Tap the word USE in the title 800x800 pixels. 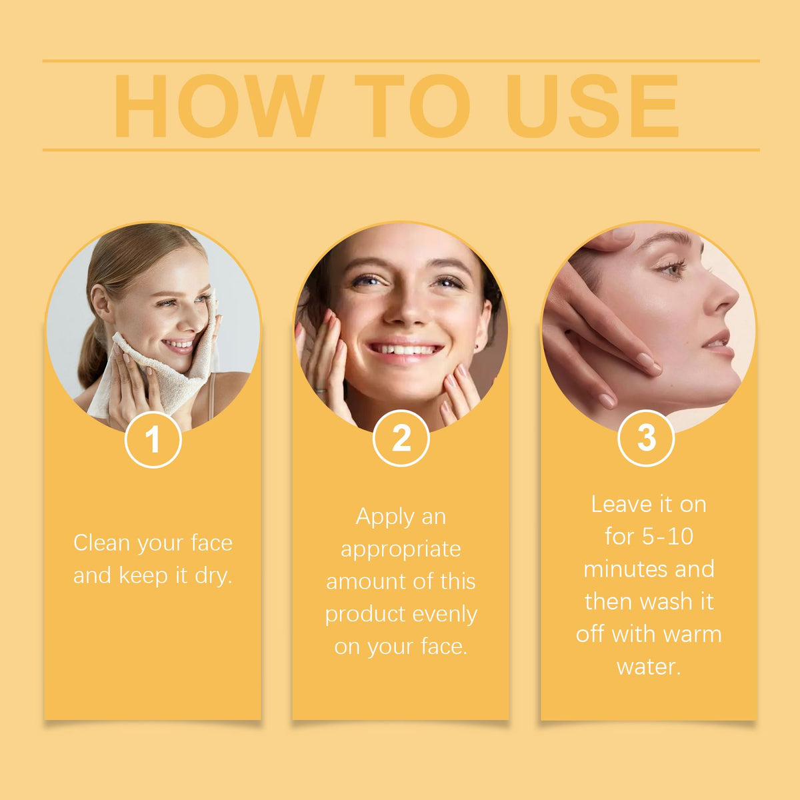pyautogui.click(x=593, y=106)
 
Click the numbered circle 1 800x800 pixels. pyautogui.click(x=153, y=439)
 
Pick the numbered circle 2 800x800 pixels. pyautogui.click(x=401, y=439)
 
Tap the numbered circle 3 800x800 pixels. pyautogui.click(x=646, y=439)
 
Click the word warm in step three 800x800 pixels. pyautogui.click(x=693, y=635)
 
